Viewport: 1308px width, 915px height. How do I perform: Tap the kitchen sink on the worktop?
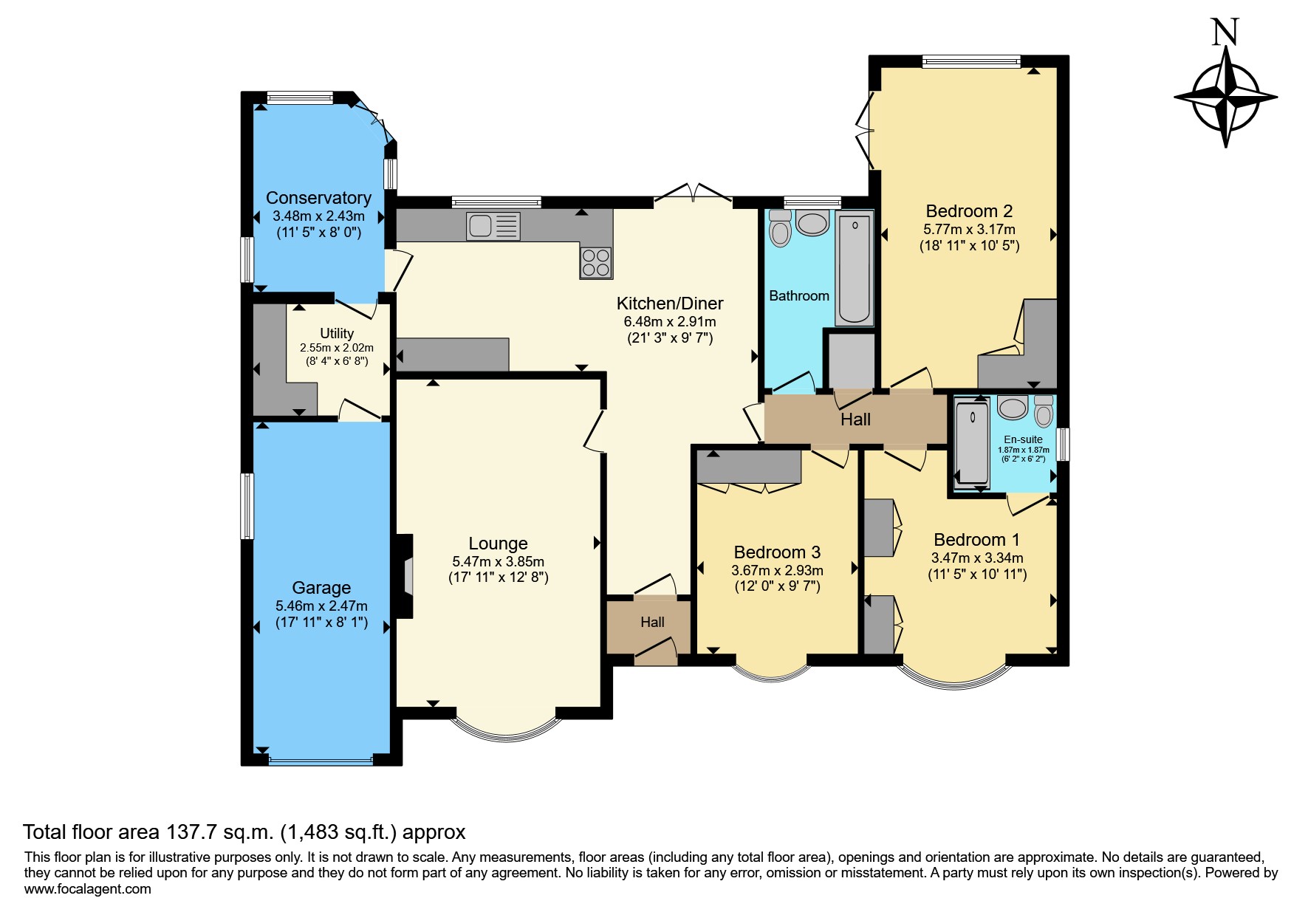tap(493, 226)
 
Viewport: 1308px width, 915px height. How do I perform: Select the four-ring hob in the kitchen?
tap(596, 262)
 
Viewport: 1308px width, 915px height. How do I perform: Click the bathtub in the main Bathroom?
tap(855, 270)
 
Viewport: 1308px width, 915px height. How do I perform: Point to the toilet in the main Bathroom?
tap(780, 228)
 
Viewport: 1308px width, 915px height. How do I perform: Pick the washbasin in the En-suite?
tap(1013, 408)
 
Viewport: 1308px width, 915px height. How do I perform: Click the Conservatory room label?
tap(318, 198)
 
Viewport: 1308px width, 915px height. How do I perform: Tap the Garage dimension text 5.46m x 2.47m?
tap(321, 606)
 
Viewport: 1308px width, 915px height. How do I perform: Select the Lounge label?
tap(498, 544)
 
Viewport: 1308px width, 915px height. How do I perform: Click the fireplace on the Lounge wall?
tap(405, 576)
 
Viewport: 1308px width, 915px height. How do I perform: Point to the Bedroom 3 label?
tap(777, 552)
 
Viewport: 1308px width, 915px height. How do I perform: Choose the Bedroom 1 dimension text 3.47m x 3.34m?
tap(977, 558)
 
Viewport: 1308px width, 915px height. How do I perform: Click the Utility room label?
tap(337, 334)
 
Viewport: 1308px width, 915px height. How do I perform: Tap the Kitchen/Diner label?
tap(670, 304)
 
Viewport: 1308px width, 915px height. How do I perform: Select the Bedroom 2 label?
tap(969, 211)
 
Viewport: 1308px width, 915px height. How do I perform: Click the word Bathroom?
tap(799, 296)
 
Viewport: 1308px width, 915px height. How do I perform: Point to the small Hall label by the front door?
tap(652, 623)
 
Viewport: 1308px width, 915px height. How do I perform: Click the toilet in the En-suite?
tap(1044, 411)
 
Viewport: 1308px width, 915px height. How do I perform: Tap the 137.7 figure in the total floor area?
tap(191, 832)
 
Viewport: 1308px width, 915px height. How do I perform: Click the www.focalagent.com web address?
tap(88, 889)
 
